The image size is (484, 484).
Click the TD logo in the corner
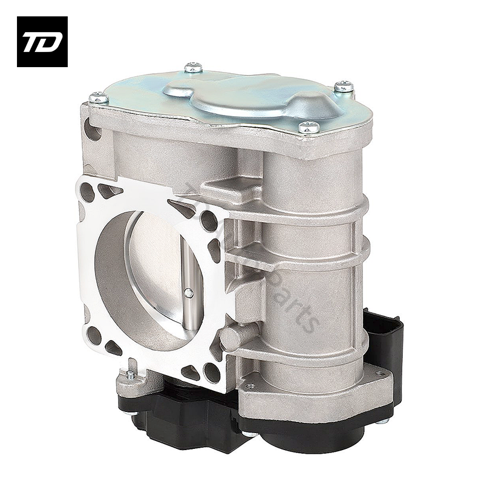[x=42, y=41]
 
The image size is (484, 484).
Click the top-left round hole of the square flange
[x=88, y=193]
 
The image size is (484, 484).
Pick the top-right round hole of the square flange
[x=209, y=221]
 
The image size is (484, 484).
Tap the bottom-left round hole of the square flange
[x=94, y=335]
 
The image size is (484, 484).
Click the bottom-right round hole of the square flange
[x=212, y=370]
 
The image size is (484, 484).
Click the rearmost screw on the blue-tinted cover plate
[x=193, y=67]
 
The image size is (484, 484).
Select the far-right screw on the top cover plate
[x=344, y=87]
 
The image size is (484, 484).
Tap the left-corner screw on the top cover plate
[x=98, y=97]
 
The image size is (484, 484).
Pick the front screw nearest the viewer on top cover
[x=309, y=126]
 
